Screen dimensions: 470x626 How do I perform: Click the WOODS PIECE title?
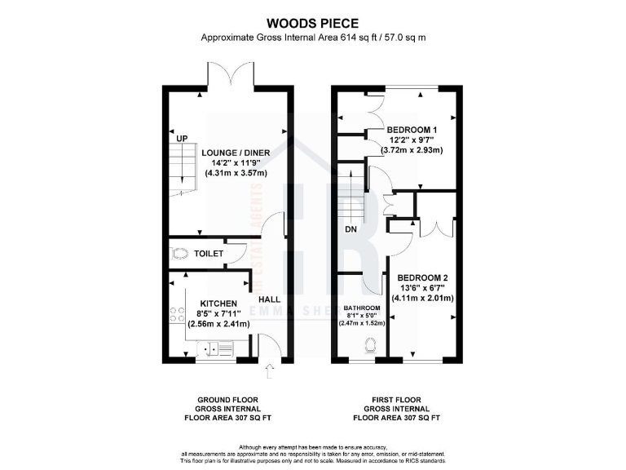tap(313, 23)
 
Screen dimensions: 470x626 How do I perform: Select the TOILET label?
tap(209, 254)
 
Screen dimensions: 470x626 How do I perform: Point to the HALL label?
tap(269, 299)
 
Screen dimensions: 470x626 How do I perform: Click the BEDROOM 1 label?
tap(412, 130)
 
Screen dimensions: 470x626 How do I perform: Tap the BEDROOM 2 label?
tap(422, 277)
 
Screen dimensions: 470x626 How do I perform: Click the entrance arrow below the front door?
tap(270, 375)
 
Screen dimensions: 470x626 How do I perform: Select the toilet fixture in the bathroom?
tap(372, 345)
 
